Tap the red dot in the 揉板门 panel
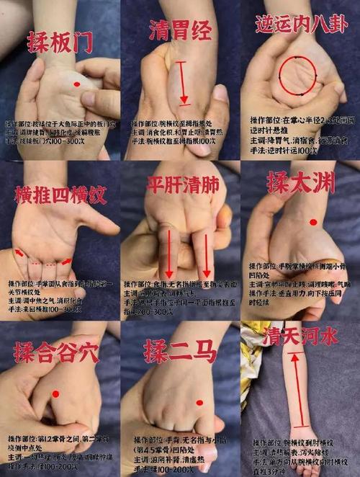click(76, 85)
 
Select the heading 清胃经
click(179, 30)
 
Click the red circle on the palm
click(297, 74)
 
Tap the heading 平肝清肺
click(179, 183)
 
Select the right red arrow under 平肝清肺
click(207, 255)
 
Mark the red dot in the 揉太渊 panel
click(313, 222)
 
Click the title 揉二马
click(179, 353)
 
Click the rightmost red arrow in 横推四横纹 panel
click(66, 262)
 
